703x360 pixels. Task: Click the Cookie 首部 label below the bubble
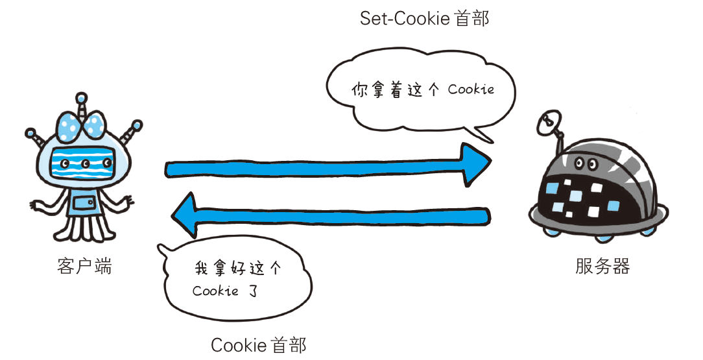click(x=258, y=344)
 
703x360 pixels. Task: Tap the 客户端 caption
click(x=84, y=266)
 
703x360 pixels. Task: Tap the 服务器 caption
click(x=602, y=266)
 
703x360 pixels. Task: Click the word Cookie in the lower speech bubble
click(x=216, y=291)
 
